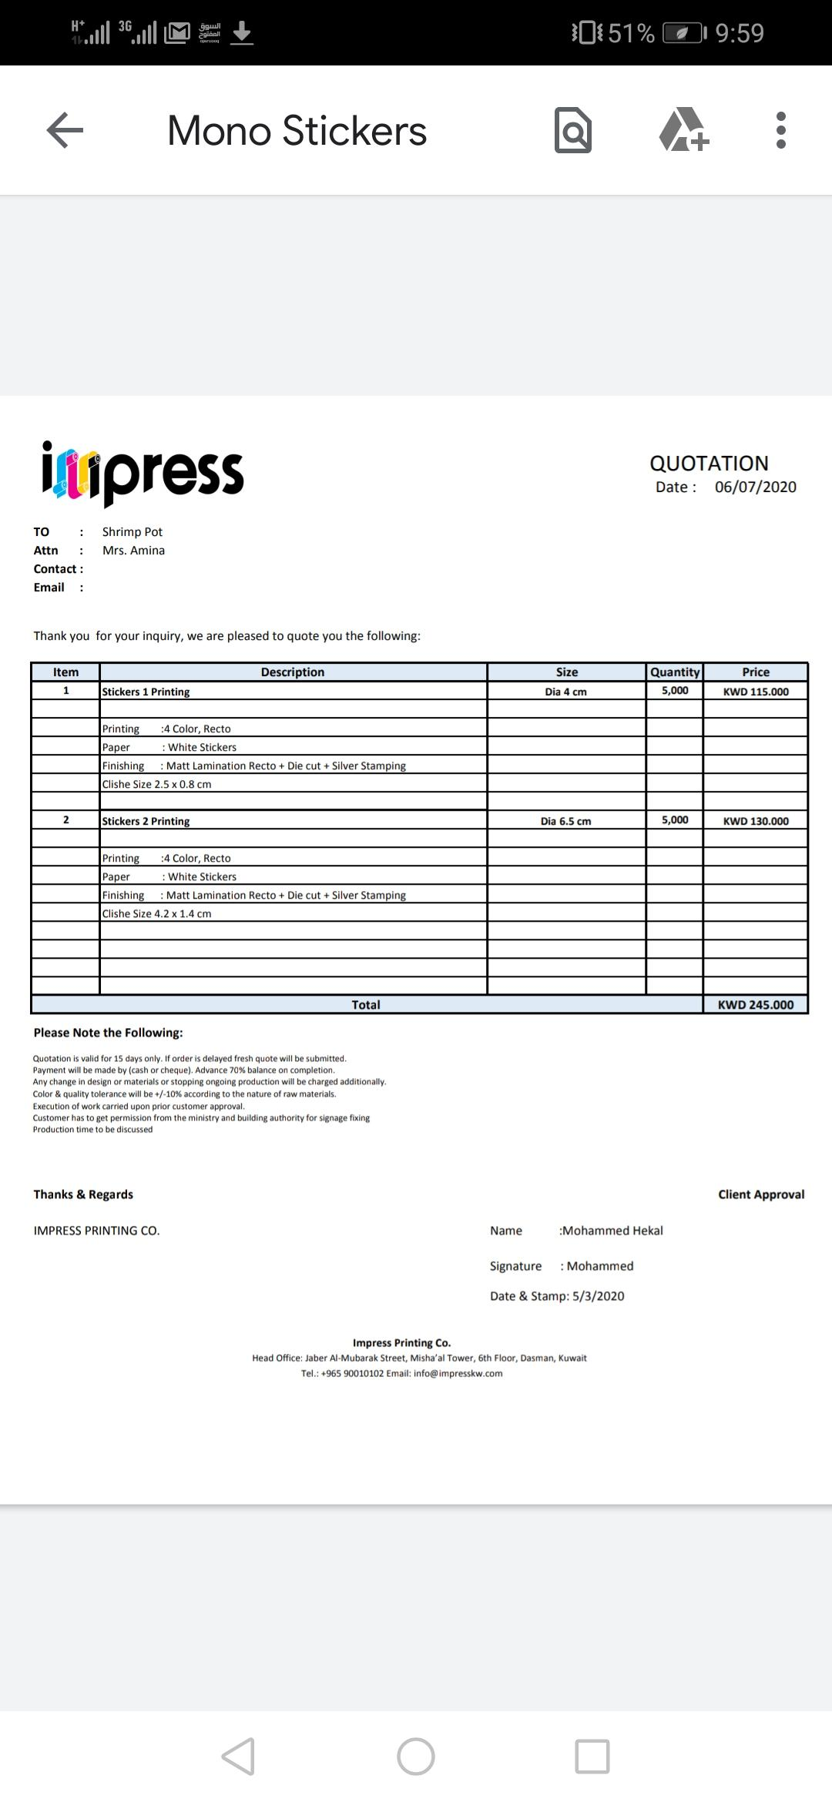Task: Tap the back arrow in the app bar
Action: pyautogui.click(x=65, y=130)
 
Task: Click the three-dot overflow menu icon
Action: pyautogui.click(x=780, y=130)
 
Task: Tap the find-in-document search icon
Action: pyautogui.click(x=573, y=131)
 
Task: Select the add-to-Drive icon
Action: pyautogui.click(x=683, y=130)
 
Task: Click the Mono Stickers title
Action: pyautogui.click(x=297, y=131)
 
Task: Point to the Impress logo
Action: pyautogui.click(x=143, y=472)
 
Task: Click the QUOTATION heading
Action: pyautogui.click(x=709, y=463)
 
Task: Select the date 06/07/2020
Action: pyautogui.click(x=755, y=487)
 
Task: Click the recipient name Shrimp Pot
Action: pyautogui.click(x=133, y=532)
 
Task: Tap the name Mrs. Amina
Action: pyautogui.click(x=133, y=551)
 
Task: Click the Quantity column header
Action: pyautogui.click(x=675, y=672)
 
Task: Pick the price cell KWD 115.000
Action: pyautogui.click(x=756, y=692)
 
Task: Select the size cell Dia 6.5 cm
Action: pyautogui.click(x=565, y=821)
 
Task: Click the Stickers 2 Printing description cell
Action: pyautogui.click(x=146, y=821)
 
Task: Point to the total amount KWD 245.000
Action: pyautogui.click(x=755, y=1004)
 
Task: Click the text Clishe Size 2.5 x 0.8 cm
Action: pyautogui.click(x=156, y=784)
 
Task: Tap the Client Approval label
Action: pyautogui.click(x=761, y=1194)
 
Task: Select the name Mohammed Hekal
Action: pyautogui.click(x=612, y=1231)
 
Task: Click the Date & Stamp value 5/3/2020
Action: pyautogui.click(x=599, y=1296)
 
